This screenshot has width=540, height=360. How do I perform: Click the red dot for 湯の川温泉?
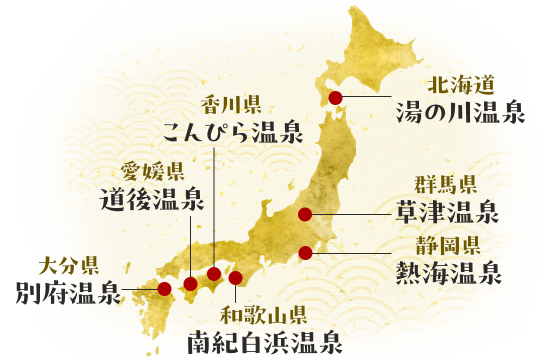335,98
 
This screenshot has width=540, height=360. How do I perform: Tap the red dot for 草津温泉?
305,215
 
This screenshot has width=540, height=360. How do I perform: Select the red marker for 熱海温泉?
305,253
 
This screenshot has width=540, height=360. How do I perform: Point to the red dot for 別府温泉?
164,288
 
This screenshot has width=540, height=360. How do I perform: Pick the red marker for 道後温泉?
190,284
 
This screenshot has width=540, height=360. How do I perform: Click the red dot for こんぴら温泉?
214,273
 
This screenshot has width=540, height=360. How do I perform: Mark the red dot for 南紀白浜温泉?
235,277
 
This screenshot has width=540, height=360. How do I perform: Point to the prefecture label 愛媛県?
153,171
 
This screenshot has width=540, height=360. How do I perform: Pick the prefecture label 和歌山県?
263,315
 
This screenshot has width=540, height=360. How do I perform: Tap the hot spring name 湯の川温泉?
460,112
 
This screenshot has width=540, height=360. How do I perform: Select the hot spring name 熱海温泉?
448,273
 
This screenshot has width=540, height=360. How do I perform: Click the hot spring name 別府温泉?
68,292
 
